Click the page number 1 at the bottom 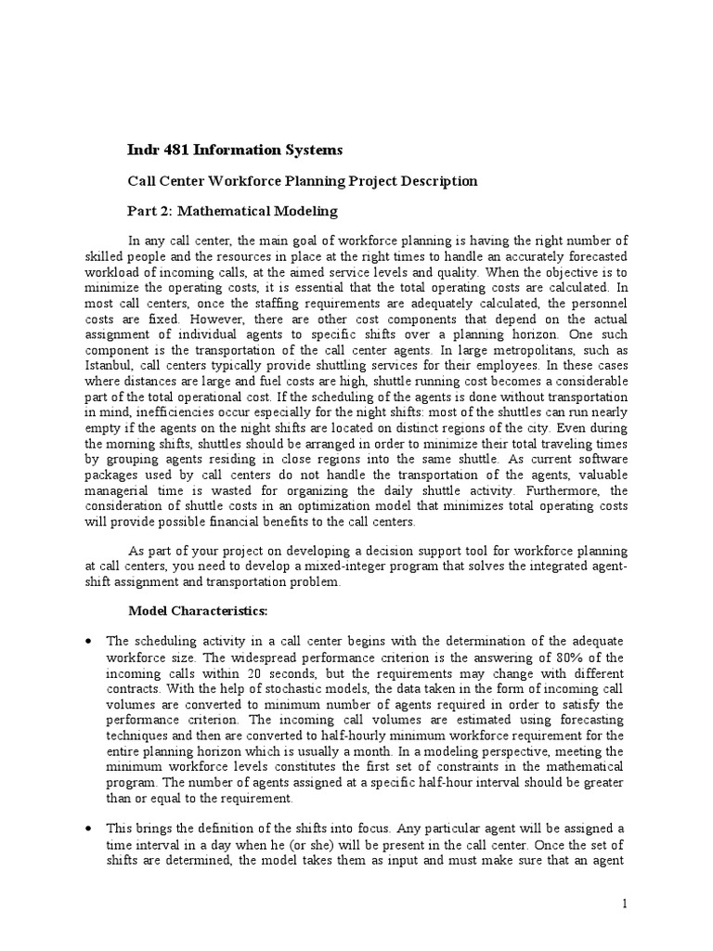626,904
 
